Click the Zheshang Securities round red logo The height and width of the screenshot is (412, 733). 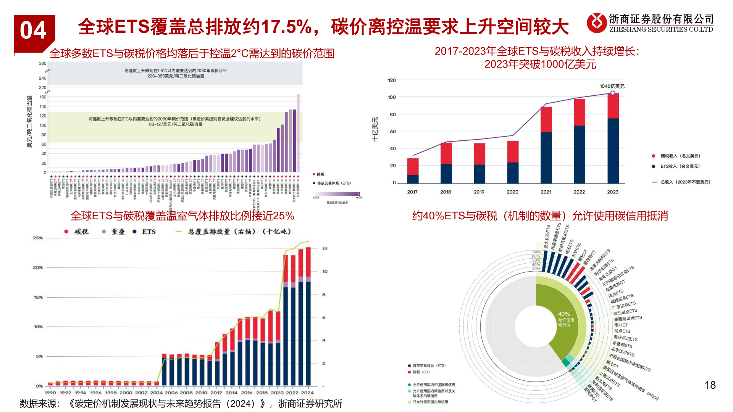(596, 23)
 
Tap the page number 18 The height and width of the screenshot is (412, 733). (710, 385)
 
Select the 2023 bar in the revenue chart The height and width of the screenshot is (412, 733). (613, 138)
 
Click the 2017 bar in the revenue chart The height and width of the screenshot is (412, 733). (413, 171)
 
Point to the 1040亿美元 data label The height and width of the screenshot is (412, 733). (612, 86)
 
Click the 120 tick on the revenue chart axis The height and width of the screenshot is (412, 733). (392, 80)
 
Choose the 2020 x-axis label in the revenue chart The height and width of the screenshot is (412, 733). (512, 192)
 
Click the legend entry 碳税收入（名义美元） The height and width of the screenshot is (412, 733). (680, 156)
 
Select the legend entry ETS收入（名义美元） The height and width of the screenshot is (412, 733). (680, 166)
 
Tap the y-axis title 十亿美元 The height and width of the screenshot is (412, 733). (375, 130)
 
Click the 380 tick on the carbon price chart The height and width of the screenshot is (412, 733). (42, 63)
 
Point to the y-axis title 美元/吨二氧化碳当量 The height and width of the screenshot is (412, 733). (29, 122)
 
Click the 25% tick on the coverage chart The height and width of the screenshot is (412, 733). (38, 238)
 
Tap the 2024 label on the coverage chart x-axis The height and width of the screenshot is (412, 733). (307, 393)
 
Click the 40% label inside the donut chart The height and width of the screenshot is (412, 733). (564, 314)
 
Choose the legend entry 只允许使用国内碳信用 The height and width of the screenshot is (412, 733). (430, 402)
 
